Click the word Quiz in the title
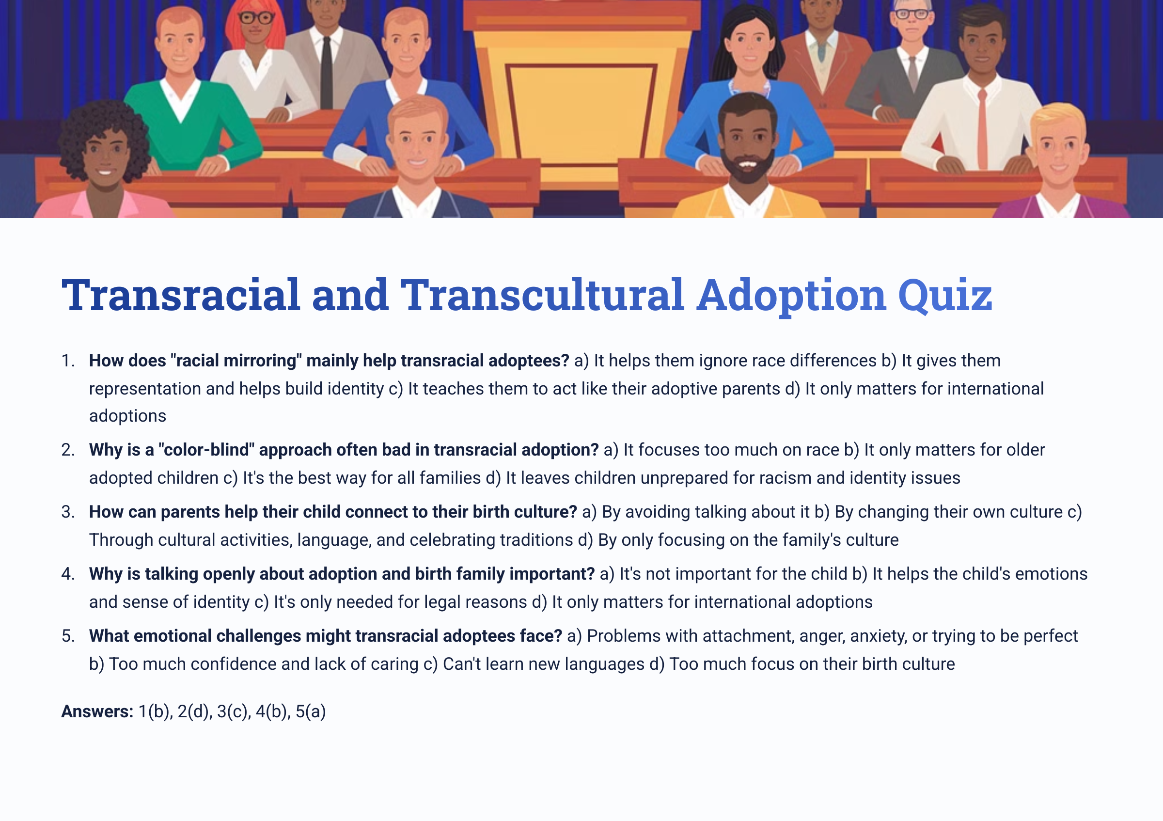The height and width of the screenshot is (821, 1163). [x=944, y=295]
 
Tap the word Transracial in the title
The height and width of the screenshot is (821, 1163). [x=181, y=295]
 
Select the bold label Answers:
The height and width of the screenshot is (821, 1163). [x=97, y=711]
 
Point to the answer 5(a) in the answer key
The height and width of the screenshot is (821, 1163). [x=311, y=711]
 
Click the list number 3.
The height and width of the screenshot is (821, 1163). [x=67, y=512]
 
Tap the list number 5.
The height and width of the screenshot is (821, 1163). [x=67, y=636]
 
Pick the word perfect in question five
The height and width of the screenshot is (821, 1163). [x=1051, y=636]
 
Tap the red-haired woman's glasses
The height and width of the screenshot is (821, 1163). [x=256, y=18]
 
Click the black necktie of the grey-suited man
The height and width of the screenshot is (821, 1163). [x=327, y=71]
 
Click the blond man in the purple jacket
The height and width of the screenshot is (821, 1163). [x=1059, y=162]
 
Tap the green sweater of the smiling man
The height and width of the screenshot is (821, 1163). [x=192, y=126]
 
